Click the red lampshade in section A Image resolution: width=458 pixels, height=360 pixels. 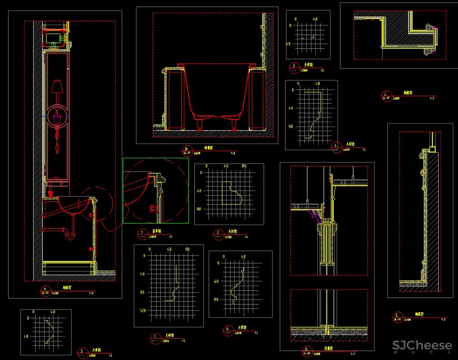pos(57,87)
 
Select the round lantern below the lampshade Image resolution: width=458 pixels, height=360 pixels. pos(57,116)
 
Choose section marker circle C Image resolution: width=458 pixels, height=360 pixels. pos(386,95)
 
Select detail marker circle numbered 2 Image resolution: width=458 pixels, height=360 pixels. pos(218,233)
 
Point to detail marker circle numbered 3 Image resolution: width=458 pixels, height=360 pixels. pos(294,67)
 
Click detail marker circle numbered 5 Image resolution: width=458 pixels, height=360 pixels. pos(82,351)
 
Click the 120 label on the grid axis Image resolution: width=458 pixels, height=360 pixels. pos(142,310)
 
